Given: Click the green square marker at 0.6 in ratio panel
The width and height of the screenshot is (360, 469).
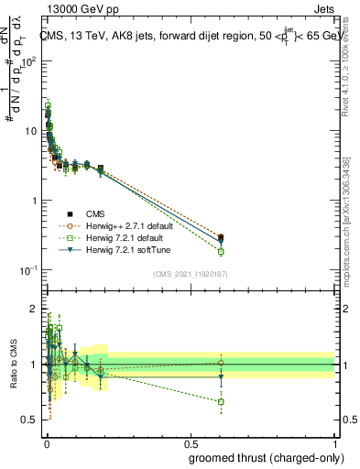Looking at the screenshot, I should point(221,401).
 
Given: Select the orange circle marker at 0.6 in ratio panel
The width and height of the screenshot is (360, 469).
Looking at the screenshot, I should point(221,363).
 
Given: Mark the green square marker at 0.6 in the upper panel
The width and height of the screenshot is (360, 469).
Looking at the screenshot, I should point(221,251).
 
